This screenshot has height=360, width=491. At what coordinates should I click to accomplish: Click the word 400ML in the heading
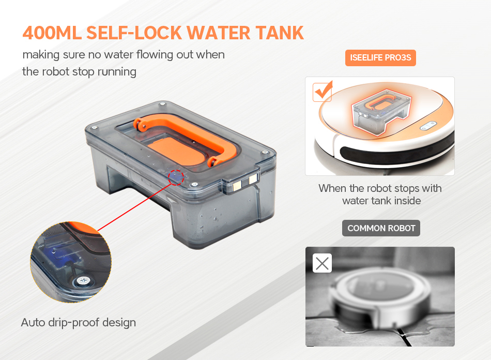(x=51, y=32)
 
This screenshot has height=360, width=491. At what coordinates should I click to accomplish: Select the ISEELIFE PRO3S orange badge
(x=380, y=57)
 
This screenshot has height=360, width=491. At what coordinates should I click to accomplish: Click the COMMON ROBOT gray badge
(x=381, y=228)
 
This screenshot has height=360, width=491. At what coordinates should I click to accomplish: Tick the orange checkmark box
(x=323, y=92)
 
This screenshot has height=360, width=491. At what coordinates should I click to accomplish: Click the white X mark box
(x=322, y=263)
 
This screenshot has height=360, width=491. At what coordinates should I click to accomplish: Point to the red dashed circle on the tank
(x=176, y=177)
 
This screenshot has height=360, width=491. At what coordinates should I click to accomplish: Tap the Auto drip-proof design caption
(x=79, y=322)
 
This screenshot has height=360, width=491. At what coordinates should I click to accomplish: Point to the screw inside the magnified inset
(x=83, y=281)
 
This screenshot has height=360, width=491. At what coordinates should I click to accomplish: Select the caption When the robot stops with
(x=380, y=188)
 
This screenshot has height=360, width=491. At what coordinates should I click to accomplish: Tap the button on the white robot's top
(x=428, y=126)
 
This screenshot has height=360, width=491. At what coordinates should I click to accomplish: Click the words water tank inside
(x=381, y=201)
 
